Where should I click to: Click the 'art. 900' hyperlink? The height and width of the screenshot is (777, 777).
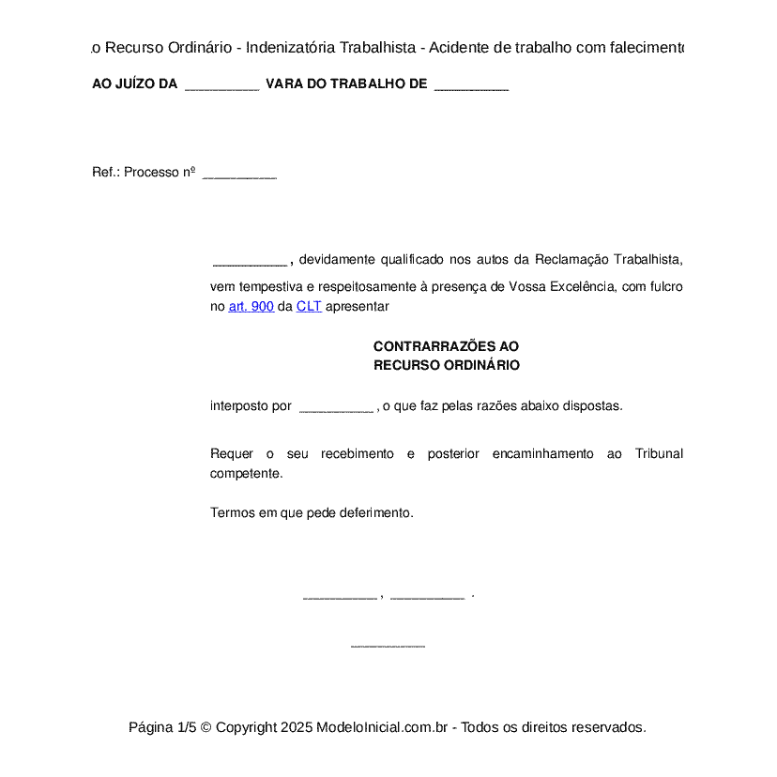(x=251, y=307)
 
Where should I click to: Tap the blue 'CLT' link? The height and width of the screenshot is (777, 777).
(x=309, y=307)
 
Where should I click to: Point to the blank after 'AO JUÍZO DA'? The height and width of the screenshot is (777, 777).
(x=221, y=85)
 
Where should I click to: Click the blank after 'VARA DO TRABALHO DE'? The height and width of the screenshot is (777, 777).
(x=471, y=85)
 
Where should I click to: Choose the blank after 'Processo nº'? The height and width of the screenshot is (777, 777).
(x=239, y=174)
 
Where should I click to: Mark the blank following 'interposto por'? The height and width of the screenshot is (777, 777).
(x=336, y=407)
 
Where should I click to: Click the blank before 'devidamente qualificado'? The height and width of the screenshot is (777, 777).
(x=250, y=261)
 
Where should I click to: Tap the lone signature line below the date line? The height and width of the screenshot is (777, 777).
(x=388, y=646)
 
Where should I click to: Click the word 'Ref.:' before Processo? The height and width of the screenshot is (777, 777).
(x=106, y=173)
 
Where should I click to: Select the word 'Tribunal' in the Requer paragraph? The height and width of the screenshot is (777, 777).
(x=659, y=454)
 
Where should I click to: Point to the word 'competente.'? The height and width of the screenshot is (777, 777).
(x=246, y=474)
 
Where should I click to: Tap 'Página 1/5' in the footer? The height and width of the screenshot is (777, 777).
(x=162, y=727)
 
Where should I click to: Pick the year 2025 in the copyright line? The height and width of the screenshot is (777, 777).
(x=296, y=727)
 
